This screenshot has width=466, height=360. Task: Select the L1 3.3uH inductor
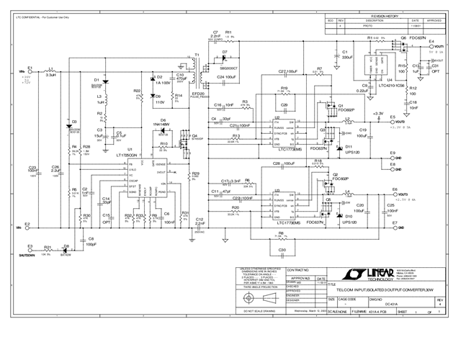[x=50, y=73]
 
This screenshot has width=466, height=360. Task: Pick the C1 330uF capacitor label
[x=346, y=55]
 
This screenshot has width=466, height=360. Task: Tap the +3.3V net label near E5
[x=378, y=113]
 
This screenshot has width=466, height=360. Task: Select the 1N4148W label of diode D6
[x=164, y=125]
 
